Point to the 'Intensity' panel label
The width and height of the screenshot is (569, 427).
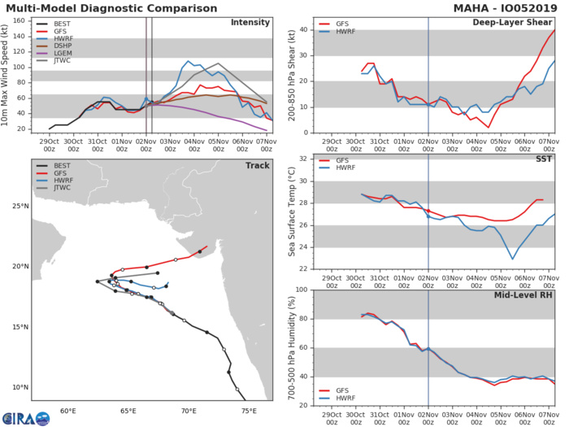(x=250, y=22)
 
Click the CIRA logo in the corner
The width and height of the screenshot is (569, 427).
(x=24, y=417)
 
